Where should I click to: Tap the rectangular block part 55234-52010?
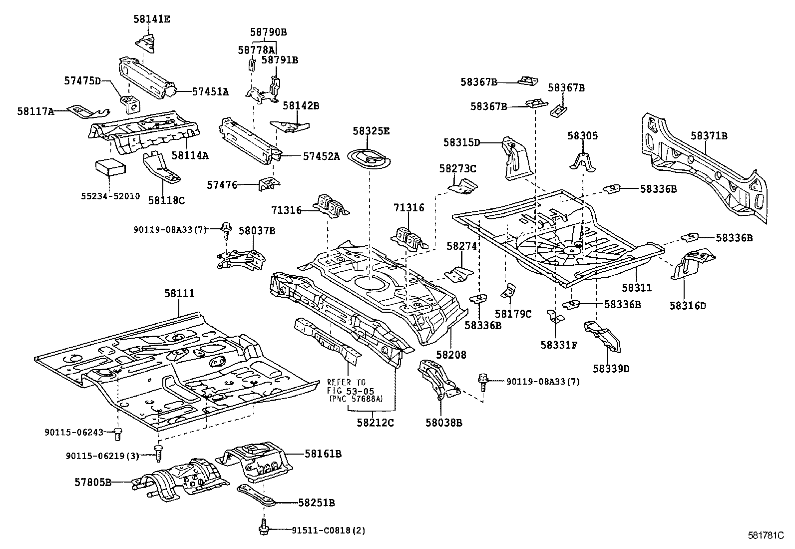111,167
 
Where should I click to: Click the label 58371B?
709,136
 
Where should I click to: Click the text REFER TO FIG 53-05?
351,386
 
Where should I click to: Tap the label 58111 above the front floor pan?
179,294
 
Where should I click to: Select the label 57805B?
93,483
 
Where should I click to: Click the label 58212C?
375,423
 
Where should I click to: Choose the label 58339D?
611,369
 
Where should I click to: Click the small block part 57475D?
131,104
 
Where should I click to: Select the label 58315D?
461,143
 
